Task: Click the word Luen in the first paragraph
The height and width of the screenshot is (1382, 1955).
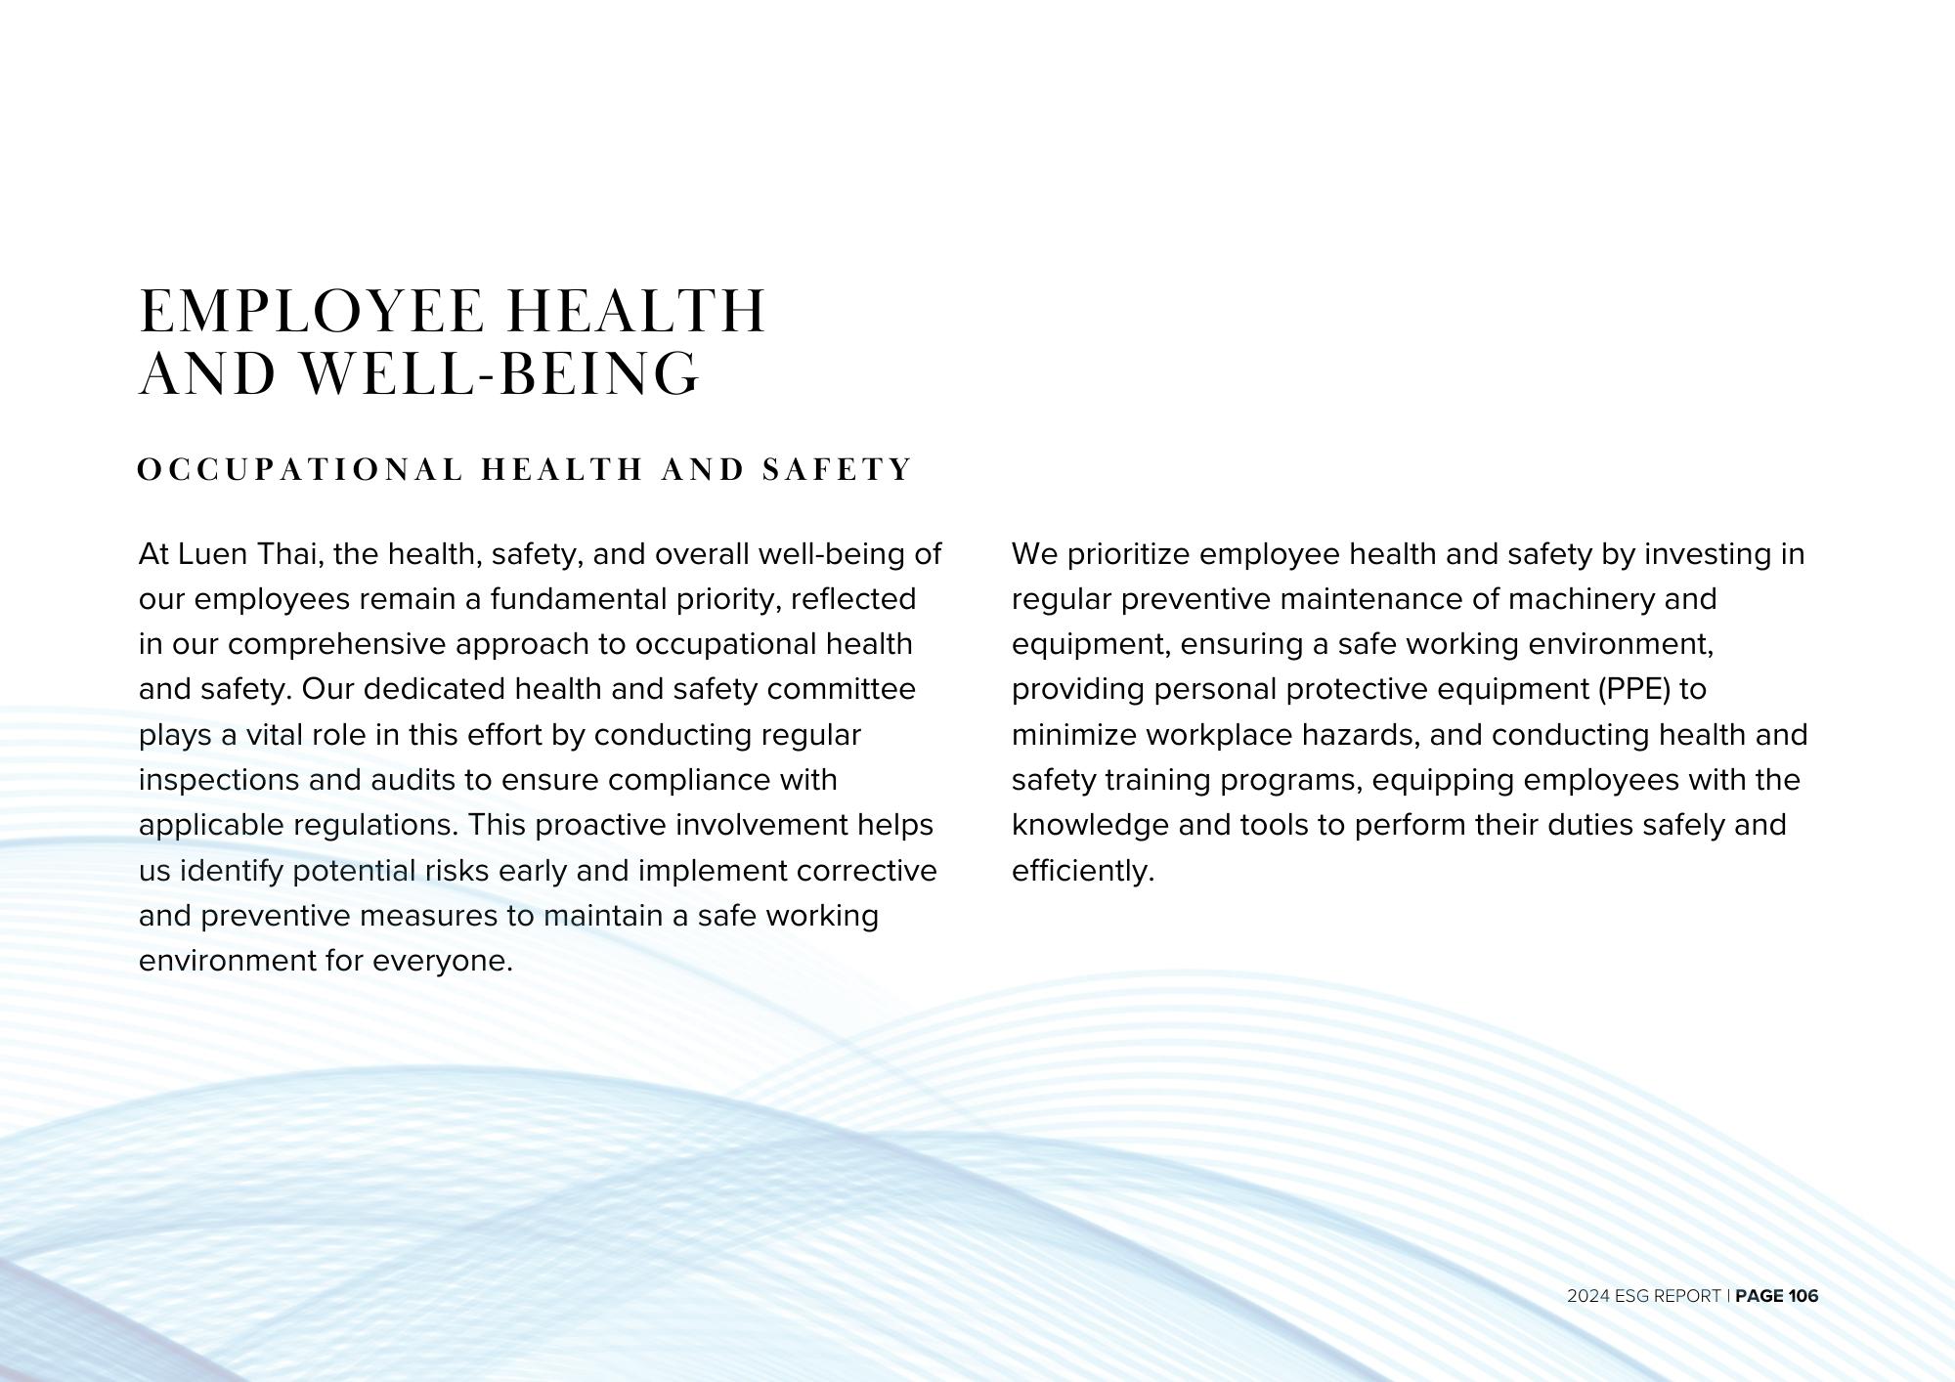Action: tap(212, 554)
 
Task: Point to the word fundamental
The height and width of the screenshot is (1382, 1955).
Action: tap(579, 599)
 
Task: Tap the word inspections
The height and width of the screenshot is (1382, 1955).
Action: tap(218, 780)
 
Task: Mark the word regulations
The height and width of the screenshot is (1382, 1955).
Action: tap(375, 826)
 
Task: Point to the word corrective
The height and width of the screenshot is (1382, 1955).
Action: tap(866, 871)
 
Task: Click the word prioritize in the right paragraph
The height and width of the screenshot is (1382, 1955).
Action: tap(1128, 554)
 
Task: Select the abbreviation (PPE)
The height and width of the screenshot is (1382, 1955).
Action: tap(1634, 690)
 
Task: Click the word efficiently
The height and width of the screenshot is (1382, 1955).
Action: tap(1083, 871)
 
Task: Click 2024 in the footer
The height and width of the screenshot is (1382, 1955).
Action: tap(1586, 1296)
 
